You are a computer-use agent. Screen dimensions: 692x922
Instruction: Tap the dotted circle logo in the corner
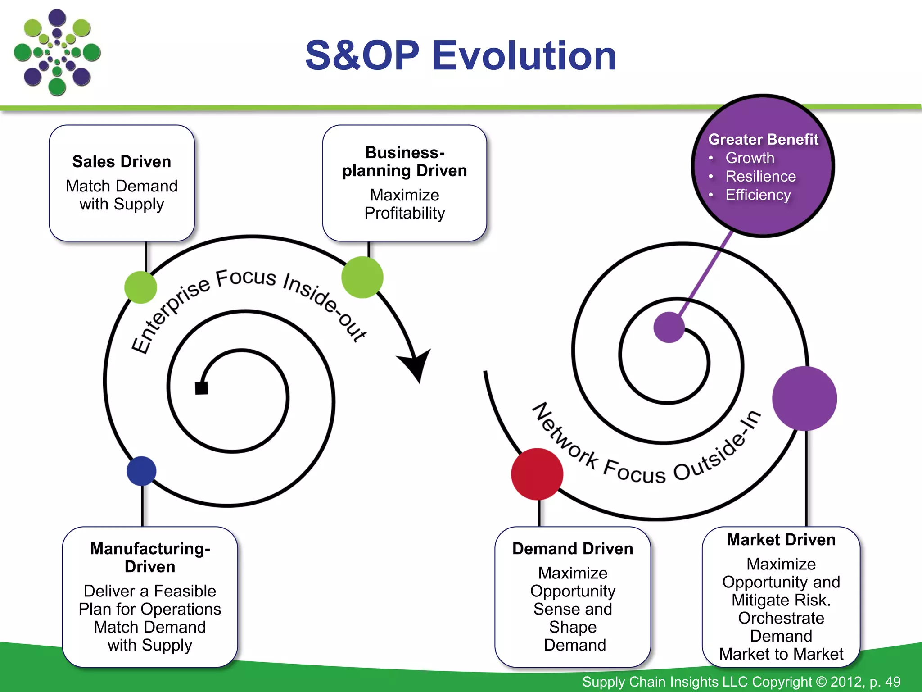57,53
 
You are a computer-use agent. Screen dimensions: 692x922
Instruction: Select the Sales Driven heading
122,161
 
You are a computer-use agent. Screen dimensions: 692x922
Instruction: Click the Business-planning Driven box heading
404,161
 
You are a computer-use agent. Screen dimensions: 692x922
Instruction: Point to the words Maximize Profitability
404,204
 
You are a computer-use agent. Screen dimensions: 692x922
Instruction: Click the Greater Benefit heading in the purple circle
763,139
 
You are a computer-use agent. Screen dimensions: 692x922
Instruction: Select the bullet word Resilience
760,176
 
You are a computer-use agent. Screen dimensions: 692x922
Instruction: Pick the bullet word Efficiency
758,195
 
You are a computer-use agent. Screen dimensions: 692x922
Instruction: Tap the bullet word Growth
750,158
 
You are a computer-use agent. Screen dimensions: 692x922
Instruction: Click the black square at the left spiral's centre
201,388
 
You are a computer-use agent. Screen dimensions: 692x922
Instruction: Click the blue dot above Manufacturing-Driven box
141,471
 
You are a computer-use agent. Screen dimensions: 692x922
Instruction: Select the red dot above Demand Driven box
537,474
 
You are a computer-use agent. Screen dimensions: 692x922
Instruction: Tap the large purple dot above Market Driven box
804,398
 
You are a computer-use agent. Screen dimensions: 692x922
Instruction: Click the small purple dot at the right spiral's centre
669,327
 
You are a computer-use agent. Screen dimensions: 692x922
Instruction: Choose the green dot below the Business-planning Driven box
362,277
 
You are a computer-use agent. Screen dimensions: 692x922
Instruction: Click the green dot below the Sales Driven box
140,287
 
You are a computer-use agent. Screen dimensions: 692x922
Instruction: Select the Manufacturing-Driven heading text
150,557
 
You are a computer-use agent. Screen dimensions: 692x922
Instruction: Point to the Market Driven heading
781,539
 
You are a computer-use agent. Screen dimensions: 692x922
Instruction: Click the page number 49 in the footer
892,682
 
